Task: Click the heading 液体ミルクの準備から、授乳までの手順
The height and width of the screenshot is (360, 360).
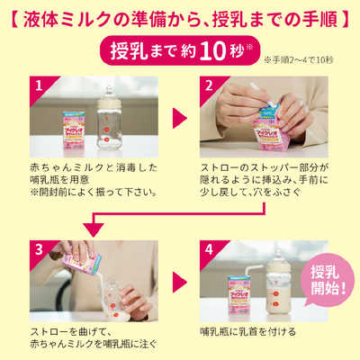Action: pyautogui.click(x=180, y=17)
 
